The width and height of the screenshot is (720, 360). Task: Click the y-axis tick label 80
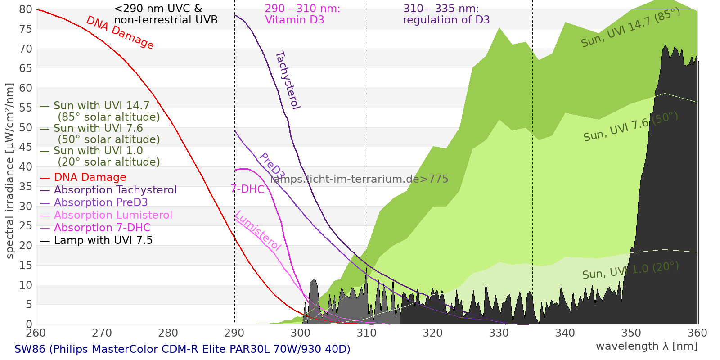26,9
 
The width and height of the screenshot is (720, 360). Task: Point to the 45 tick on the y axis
26,147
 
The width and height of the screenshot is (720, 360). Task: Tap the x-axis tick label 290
234,333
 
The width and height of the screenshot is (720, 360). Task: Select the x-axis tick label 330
499,333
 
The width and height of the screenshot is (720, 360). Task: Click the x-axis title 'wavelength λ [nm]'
646,346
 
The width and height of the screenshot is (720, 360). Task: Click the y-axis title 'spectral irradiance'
10,171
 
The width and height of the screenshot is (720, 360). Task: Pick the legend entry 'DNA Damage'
90,177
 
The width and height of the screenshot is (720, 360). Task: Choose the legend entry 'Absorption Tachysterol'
115,190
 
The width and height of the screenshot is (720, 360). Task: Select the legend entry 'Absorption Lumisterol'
112,215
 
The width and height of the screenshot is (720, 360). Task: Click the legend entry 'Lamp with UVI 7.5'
103,240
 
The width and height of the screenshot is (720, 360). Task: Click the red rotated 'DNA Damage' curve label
120,32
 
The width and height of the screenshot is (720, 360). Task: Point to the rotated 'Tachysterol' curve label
288,80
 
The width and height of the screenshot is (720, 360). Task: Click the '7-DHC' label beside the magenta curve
247,189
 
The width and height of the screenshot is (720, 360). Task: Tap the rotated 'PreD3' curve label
272,166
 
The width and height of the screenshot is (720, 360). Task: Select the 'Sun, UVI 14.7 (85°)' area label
630,28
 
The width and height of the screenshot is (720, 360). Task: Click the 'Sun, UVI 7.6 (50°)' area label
630,127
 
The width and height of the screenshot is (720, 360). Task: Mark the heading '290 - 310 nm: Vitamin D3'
302,14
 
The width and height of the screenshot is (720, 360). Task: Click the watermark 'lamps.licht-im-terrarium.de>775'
359,179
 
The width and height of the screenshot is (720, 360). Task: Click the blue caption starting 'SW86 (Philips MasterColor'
182,349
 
